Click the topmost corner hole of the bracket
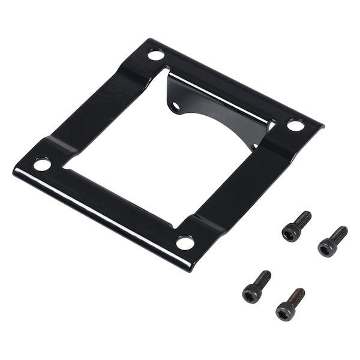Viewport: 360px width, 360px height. click(x=156, y=55)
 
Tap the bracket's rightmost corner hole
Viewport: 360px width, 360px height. click(x=295, y=125)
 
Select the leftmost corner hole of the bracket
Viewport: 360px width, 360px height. click(x=42, y=164)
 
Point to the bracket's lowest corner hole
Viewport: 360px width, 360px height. click(x=185, y=242)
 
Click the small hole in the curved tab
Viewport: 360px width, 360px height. click(x=176, y=106)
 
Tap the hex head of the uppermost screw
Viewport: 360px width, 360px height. click(x=292, y=231)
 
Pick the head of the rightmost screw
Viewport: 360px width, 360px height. click(x=327, y=247)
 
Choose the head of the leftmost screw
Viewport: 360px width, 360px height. click(x=251, y=293)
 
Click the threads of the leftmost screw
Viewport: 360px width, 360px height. click(x=263, y=278)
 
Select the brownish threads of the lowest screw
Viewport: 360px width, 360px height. click(x=297, y=296)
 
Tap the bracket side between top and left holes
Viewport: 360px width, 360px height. click(x=96, y=108)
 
